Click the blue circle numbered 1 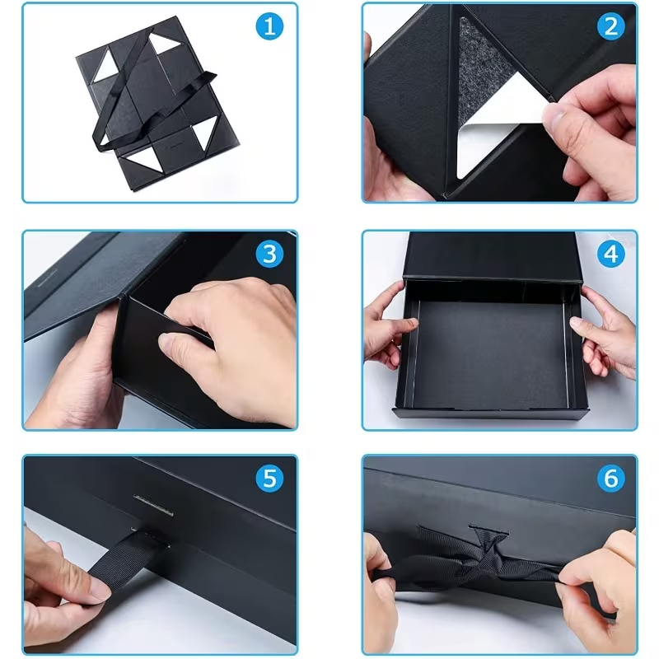click(269, 26)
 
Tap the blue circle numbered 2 click(610, 26)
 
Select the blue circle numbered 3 click(269, 254)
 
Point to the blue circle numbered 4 click(610, 254)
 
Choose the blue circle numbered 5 click(269, 478)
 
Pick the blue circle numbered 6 click(610, 478)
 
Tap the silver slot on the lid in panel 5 click(154, 504)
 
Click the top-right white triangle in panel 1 click(164, 42)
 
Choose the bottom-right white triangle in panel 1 click(206, 133)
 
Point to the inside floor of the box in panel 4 click(491, 355)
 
